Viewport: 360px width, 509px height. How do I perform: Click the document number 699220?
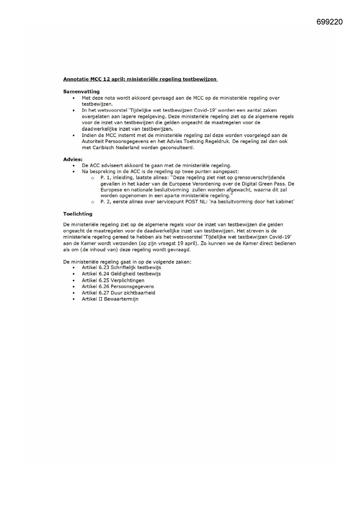329,22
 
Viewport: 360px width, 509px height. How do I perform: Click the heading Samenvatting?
81,92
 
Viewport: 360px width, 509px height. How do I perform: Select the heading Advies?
73,159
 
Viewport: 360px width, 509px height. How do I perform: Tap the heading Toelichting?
78,214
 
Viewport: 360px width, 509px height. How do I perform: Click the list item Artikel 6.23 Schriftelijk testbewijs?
121,268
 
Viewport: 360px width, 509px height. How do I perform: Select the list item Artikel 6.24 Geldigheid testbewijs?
121,274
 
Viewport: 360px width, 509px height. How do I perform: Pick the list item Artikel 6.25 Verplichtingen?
113,280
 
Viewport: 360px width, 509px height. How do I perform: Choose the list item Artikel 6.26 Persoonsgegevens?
118,286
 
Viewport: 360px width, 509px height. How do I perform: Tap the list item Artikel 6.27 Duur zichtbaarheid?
118,293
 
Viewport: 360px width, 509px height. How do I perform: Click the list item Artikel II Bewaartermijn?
110,299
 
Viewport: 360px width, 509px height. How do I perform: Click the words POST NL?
196,202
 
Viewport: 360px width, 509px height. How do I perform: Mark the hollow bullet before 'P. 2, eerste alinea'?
93,202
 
